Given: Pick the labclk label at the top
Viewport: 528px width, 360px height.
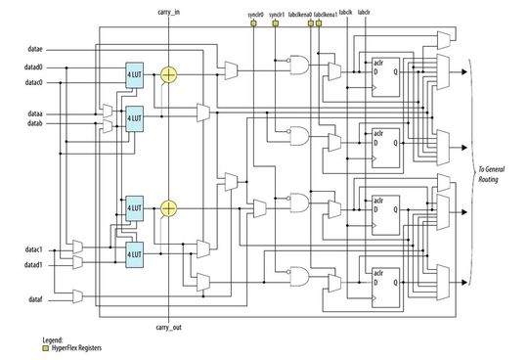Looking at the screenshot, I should (x=345, y=12).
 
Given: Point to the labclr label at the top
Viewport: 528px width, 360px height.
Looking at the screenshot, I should (x=365, y=12).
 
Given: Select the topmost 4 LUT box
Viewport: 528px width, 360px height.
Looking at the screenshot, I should (x=135, y=75).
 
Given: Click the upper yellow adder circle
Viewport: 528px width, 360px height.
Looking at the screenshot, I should (x=169, y=74).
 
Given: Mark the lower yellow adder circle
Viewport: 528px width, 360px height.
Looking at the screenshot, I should (x=169, y=207).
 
